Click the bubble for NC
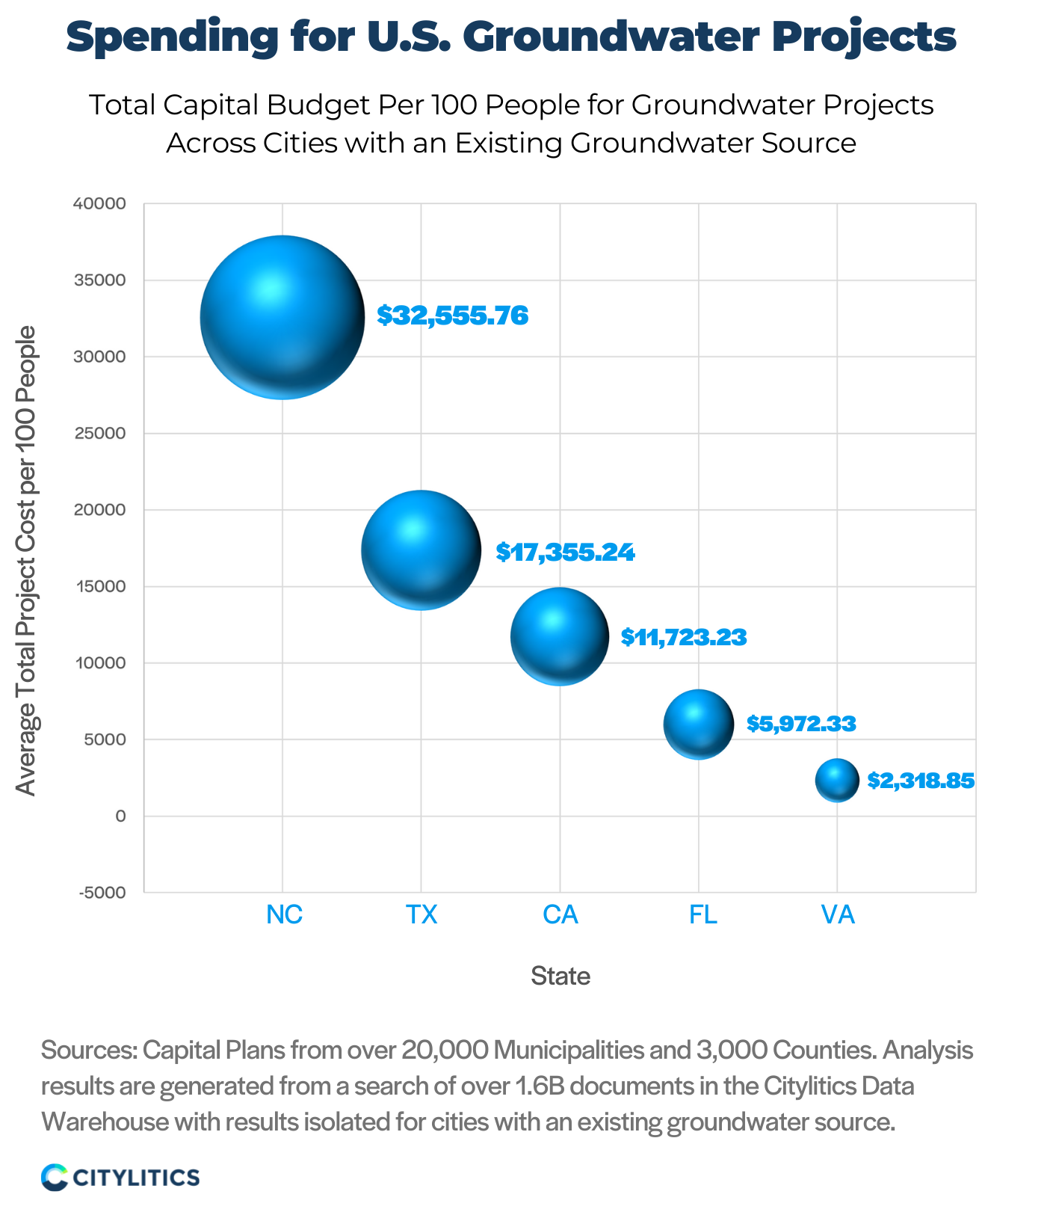click(282, 318)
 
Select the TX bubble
click(421, 550)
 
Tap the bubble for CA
click(560, 636)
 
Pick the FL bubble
click(699, 725)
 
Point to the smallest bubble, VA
click(837, 781)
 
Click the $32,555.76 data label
click(452, 316)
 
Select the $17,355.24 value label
click(565, 553)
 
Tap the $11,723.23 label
click(684, 637)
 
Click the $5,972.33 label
click(801, 724)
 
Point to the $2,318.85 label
click(921, 781)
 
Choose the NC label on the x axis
click(284, 914)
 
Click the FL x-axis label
click(703, 914)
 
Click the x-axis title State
click(561, 976)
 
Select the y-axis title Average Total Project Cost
click(26, 561)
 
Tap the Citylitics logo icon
click(55, 1177)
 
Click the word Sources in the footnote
click(87, 1051)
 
